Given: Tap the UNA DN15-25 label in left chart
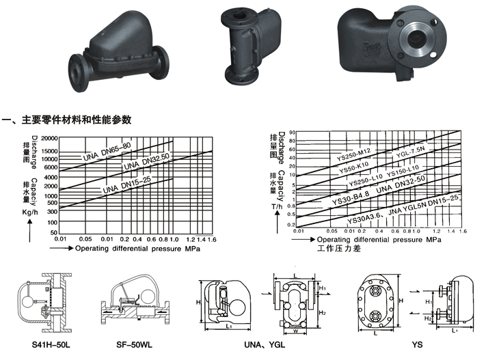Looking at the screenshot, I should [x=130, y=186].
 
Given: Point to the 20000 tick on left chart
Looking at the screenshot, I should [x=49, y=139].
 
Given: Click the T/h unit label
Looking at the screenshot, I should [x=276, y=206].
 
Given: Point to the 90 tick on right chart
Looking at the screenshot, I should [x=292, y=133].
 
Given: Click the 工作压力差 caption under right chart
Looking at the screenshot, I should [x=338, y=249].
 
